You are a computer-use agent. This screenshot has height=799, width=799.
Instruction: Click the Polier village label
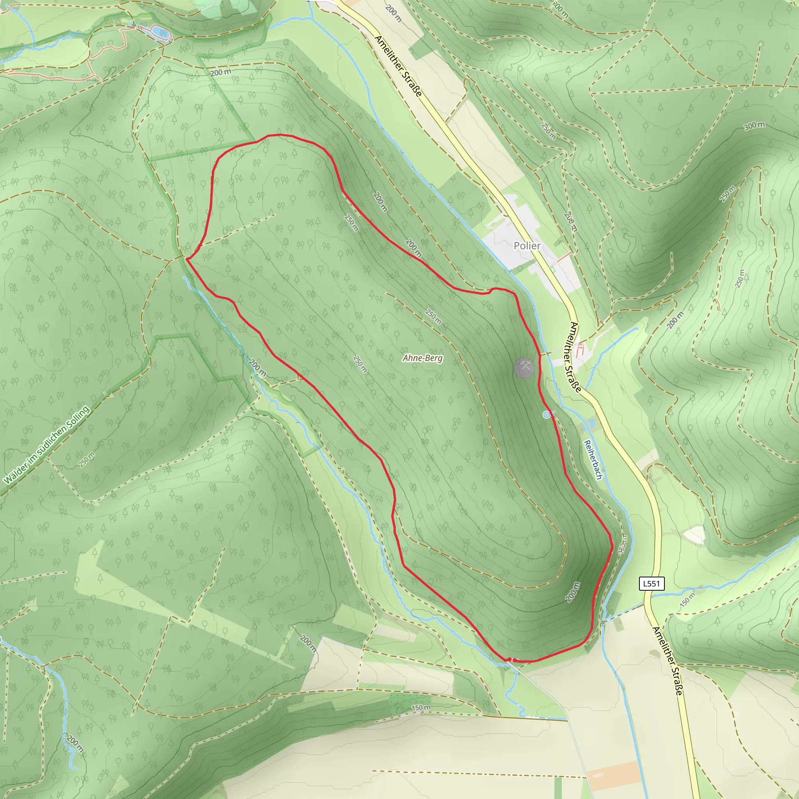pyautogui.click(x=527, y=246)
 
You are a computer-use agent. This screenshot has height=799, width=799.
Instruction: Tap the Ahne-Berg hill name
pyautogui.click(x=422, y=358)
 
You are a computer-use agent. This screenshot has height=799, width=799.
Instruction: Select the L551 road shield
pyautogui.click(x=652, y=584)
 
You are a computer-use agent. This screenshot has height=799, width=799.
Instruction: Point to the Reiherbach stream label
pyautogui.click(x=593, y=460)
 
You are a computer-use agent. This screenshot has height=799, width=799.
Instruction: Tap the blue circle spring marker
pyautogui.click(x=546, y=414)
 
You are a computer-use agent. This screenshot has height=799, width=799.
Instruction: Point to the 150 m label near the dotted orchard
pyautogui.click(x=421, y=708)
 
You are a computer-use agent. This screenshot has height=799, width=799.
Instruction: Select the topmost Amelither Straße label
pyautogui.click(x=398, y=66)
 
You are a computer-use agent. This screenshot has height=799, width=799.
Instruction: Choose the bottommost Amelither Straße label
pyautogui.click(x=667, y=661)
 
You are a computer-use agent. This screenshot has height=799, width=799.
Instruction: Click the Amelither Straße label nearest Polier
pyautogui.click(x=575, y=357)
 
